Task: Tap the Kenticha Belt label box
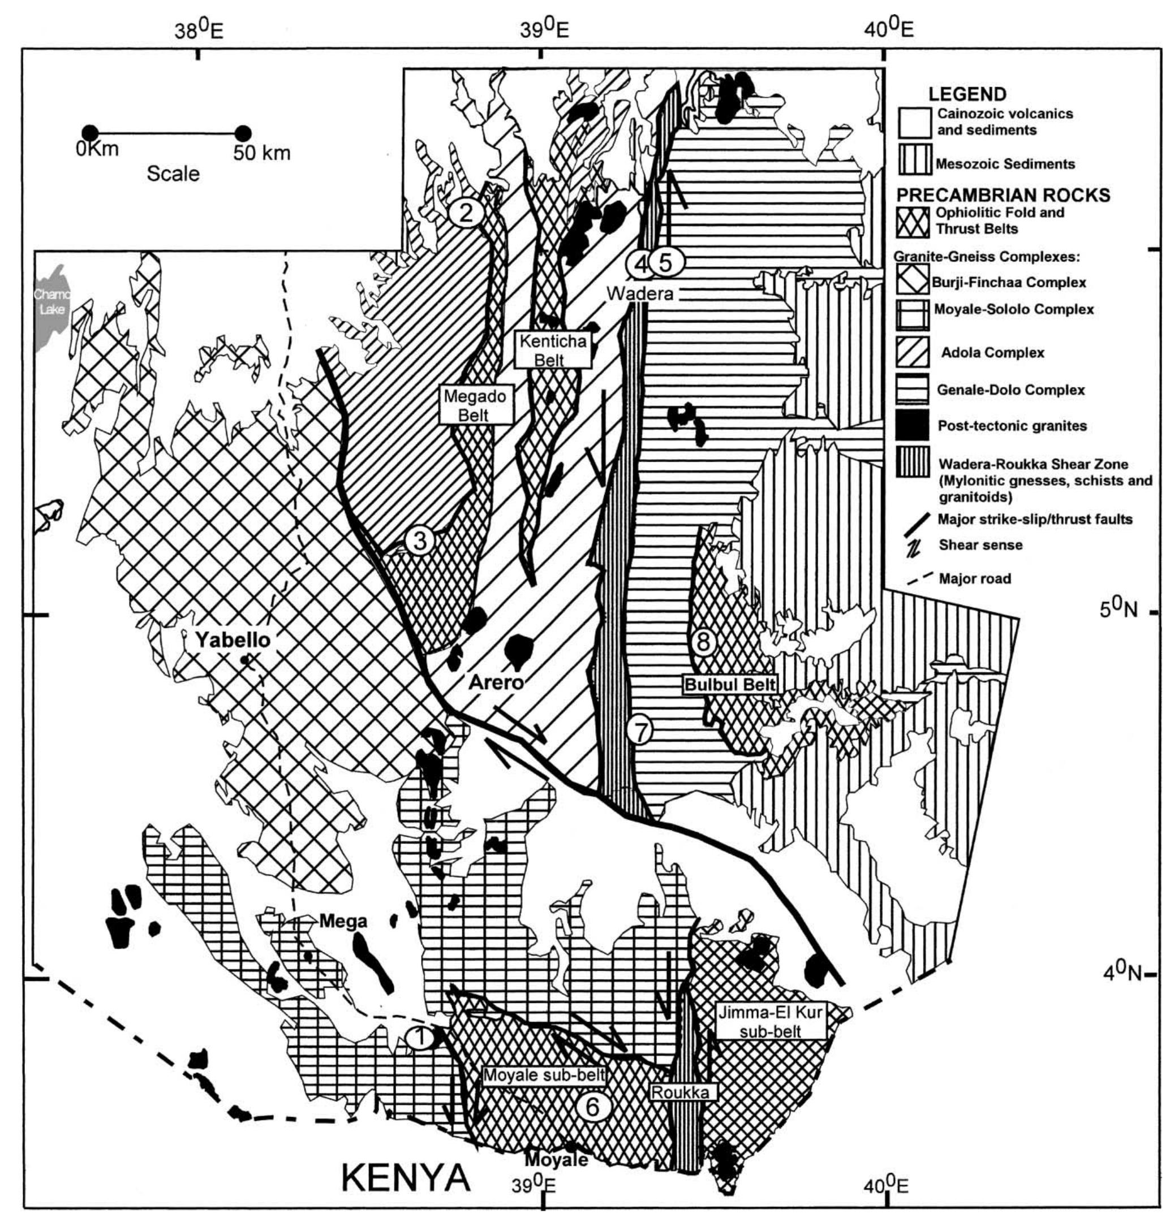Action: pyautogui.click(x=549, y=349)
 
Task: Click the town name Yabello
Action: pyautogui.click(x=232, y=639)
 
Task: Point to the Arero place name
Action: pyautogui.click(x=496, y=682)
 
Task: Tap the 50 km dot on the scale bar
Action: pyautogui.click(x=243, y=133)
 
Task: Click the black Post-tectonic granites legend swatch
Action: pyautogui.click(x=913, y=425)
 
